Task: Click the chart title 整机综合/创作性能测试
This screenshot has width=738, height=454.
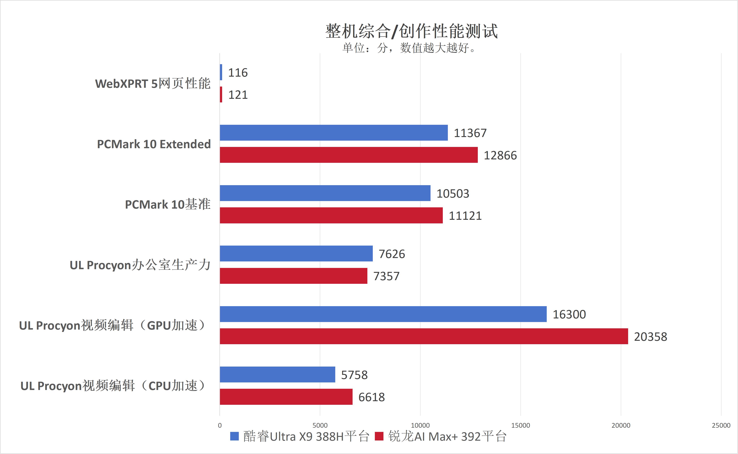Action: pyautogui.click(x=411, y=31)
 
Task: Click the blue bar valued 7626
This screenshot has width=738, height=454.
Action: pyautogui.click(x=296, y=254)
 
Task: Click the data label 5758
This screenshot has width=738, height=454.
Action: pyautogui.click(x=354, y=375)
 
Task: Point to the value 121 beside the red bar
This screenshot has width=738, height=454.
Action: pyautogui.click(x=238, y=95)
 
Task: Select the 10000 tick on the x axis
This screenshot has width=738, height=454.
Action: pyautogui.click(x=420, y=425)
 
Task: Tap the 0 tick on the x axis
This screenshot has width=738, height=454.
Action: pyautogui.click(x=220, y=425)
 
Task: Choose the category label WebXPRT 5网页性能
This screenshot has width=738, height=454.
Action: pyautogui.click(x=153, y=83)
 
